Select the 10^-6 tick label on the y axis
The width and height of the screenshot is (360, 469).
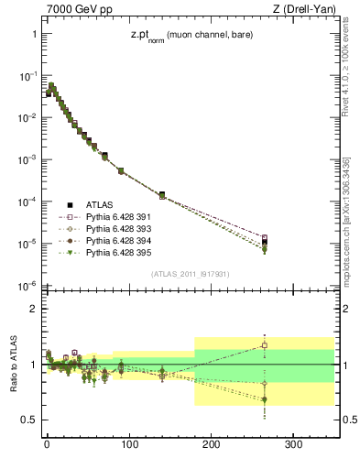pyautogui.click(x=27, y=287)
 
